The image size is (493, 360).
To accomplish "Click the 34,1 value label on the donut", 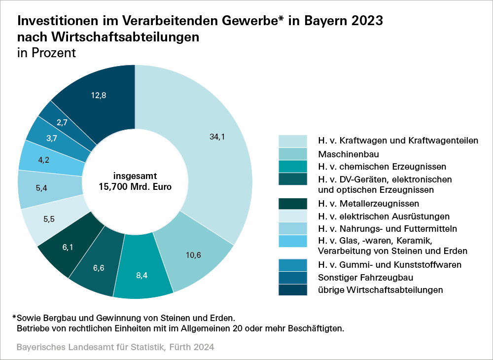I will [x=217, y=138].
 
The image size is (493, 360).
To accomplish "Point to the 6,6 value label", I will [x=98, y=268].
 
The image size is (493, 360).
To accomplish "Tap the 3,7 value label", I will [x=52, y=138].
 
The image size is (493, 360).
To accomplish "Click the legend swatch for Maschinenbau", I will [x=293, y=153].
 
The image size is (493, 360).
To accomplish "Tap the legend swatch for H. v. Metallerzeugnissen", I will [x=293, y=204].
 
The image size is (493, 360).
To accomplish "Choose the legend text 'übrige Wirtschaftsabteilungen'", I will [x=381, y=289].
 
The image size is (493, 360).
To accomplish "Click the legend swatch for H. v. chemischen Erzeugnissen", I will [x=293, y=166].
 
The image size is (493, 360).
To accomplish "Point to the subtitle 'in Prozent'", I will [x=47, y=53].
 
